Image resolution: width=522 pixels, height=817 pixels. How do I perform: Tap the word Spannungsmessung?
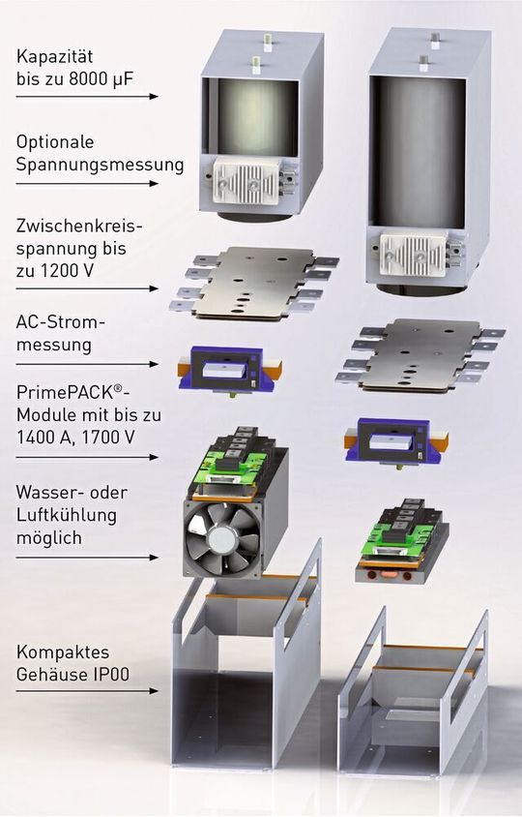pyautogui.click(x=100, y=165)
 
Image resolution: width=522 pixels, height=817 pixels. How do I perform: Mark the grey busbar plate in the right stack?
pyautogui.click(x=420, y=354)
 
